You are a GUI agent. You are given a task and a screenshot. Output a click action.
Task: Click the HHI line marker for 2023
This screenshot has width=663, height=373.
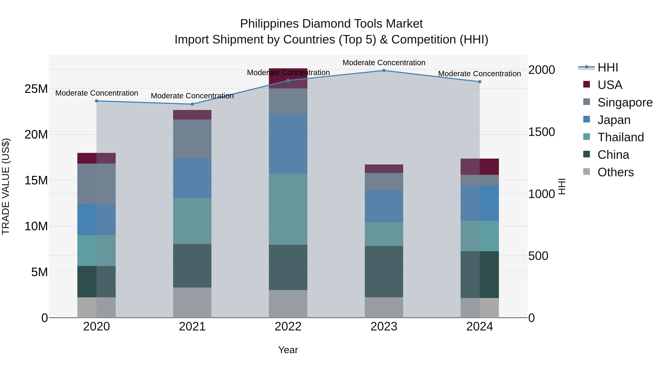[384, 71]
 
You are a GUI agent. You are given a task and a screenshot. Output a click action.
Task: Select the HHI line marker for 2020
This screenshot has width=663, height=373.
[97, 101]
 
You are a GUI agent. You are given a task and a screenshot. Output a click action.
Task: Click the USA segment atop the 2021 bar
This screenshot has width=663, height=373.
[192, 115]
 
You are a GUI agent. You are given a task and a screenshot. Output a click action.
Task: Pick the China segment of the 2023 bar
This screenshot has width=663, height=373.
[384, 272]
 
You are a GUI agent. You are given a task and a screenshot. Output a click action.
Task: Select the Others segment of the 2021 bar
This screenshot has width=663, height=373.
[192, 302]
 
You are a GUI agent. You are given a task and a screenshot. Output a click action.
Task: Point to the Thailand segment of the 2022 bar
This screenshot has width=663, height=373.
[288, 209]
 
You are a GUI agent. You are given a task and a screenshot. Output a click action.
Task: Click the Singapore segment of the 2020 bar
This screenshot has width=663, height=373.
[97, 184]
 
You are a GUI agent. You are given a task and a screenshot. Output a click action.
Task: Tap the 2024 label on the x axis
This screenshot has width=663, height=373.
[480, 327]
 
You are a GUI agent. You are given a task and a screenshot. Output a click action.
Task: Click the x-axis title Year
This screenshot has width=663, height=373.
[288, 350]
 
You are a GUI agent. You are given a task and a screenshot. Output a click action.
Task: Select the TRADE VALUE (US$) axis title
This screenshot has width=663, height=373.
[6, 186]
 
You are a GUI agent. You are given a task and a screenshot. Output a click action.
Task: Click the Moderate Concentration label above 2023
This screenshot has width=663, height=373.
[384, 63]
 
